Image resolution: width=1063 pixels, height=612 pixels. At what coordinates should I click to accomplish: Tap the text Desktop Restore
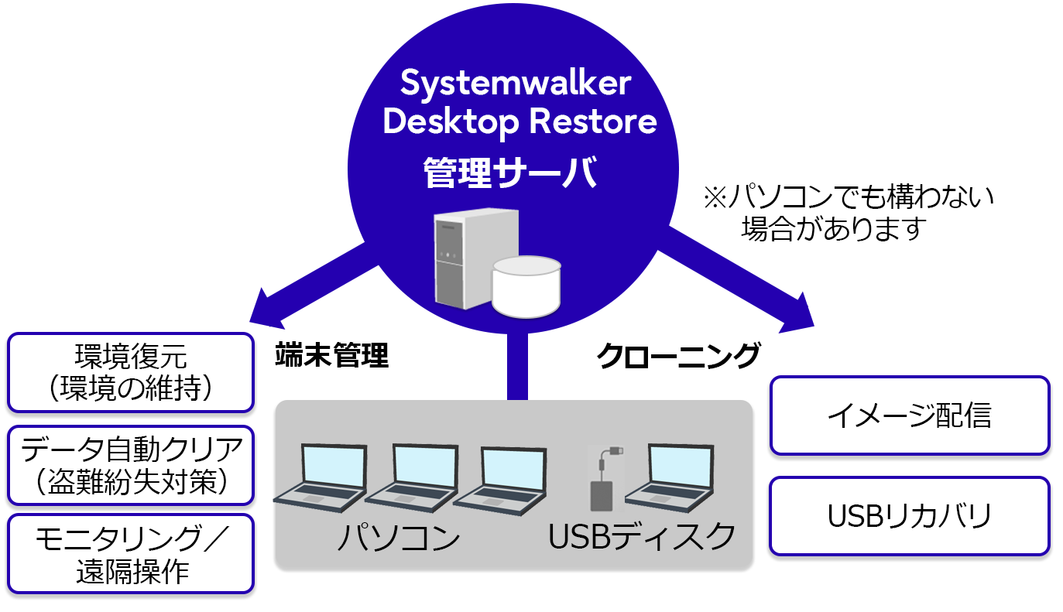click(519, 122)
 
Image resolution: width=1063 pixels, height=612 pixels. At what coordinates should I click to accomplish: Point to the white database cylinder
click(526, 286)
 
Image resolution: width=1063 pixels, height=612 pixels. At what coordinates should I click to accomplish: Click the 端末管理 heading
click(331, 356)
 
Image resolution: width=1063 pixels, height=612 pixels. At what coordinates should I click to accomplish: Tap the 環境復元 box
click(131, 372)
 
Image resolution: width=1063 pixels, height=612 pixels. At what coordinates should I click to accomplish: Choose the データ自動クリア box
click(131, 464)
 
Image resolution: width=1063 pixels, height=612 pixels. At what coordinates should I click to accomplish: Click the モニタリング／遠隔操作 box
click(131, 554)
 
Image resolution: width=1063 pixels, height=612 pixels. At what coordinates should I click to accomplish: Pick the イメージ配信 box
click(909, 415)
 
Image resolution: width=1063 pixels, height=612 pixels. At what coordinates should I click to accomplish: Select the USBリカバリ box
click(909, 516)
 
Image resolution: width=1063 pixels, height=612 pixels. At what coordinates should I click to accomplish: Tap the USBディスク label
click(642, 536)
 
